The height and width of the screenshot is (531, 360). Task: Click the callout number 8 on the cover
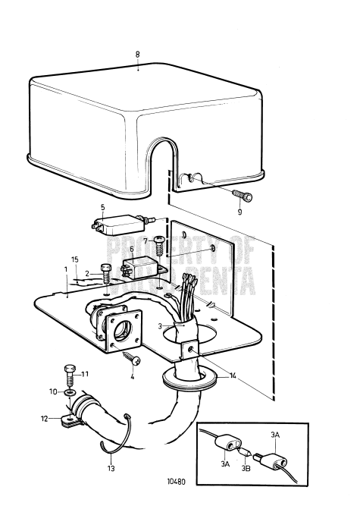click(x=137, y=54)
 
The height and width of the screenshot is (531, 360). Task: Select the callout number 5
click(x=103, y=206)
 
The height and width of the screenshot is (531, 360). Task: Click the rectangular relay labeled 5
click(x=118, y=225)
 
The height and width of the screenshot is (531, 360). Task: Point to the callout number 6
click(x=131, y=249)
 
